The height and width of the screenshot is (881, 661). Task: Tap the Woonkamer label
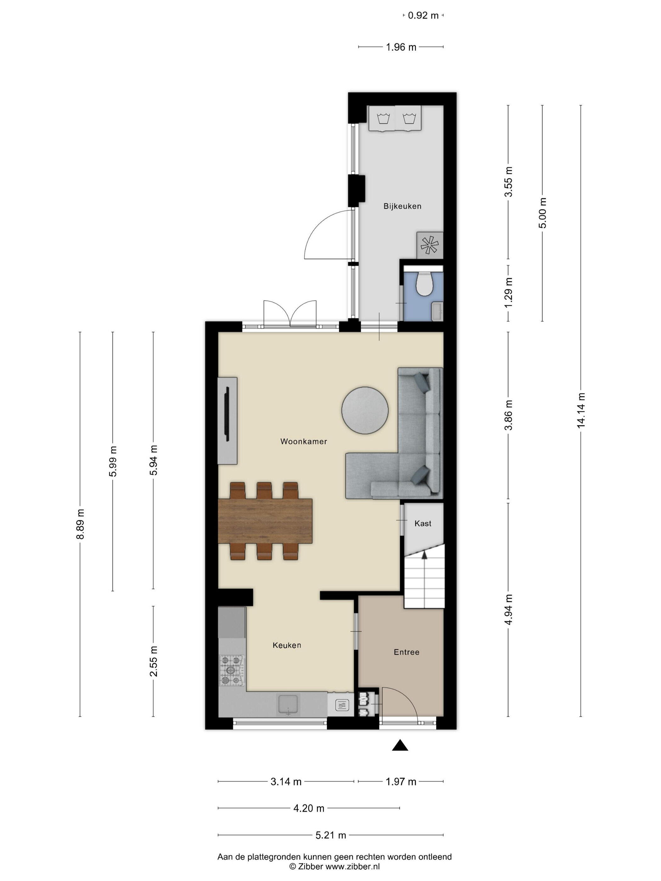click(304, 441)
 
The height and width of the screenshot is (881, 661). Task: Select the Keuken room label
click(287, 645)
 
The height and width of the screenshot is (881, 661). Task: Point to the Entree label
click(406, 652)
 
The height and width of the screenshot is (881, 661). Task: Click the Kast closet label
click(423, 523)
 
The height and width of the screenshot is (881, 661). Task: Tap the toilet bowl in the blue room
click(424, 283)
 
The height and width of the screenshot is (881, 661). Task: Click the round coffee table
click(364, 410)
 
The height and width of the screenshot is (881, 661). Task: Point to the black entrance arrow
click(400, 745)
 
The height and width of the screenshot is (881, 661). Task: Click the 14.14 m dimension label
click(581, 410)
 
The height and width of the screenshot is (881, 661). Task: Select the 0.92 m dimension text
click(423, 15)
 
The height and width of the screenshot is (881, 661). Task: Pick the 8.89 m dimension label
click(81, 524)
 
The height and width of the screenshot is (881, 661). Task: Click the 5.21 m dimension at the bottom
click(331, 835)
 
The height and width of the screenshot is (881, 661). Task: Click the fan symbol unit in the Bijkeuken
click(430, 245)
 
